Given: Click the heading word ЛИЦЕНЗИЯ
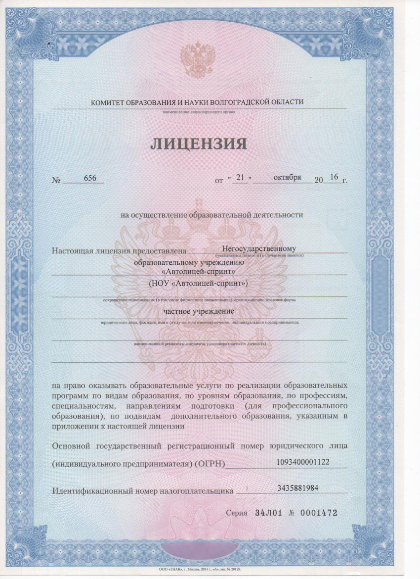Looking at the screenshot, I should [x=198, y=144].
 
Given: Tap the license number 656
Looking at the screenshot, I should [x=90, y=179].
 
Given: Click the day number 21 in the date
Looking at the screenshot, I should [x=242, y=178].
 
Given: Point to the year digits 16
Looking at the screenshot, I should [x=334, y=177].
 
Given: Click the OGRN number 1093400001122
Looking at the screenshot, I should [x=303, y=462].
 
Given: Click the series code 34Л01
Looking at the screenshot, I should [x=268, y=513].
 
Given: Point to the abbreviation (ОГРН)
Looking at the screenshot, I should [x=210, y=464].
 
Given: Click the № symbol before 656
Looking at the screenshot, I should [x=56, y=180].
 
